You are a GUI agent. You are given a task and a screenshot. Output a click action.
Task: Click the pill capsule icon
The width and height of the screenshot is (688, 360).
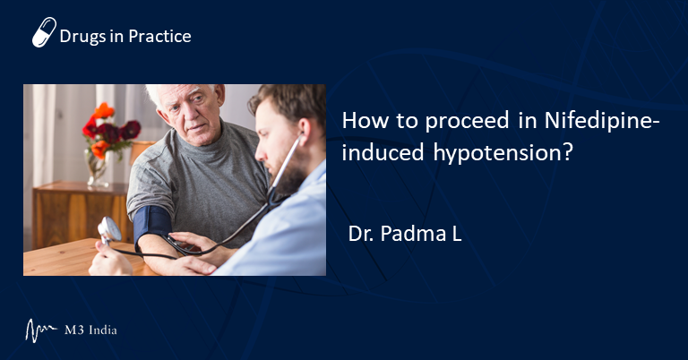click(44, 32)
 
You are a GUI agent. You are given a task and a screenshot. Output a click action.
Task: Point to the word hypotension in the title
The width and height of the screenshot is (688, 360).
click(503, 152)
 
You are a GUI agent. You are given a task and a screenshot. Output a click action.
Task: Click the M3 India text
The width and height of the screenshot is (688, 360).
click(90, 330)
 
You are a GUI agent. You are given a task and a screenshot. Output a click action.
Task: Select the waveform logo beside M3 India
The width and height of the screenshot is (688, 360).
click(40, 330)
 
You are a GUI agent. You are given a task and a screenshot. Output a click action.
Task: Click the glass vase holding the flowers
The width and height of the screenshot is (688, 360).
click(97, 168)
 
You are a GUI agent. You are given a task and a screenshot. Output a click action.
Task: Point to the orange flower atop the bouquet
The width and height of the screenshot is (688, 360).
click(105, 110)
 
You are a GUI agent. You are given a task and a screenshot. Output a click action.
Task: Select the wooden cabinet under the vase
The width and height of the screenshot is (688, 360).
click(81, 215)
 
